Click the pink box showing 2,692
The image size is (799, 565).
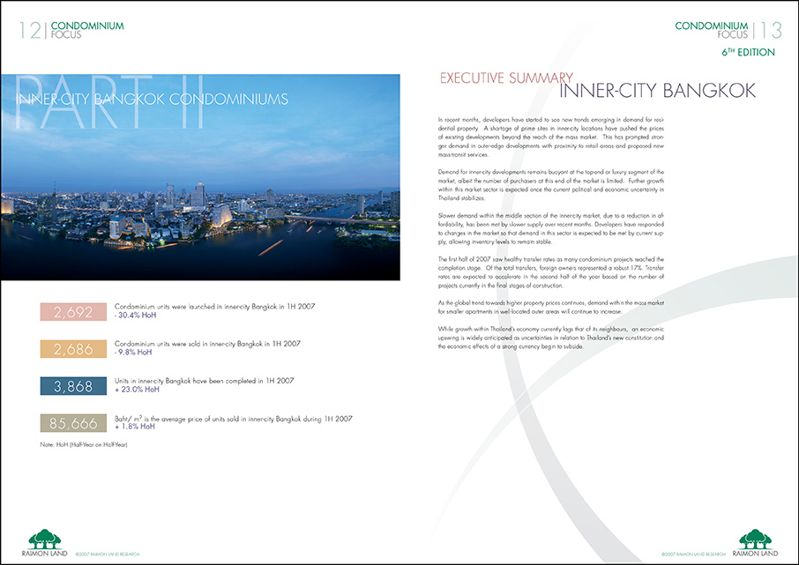[73, 311]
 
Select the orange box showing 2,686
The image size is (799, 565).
[73, 349]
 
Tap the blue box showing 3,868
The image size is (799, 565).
[73, 386]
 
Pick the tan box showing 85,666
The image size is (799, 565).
[73, 424]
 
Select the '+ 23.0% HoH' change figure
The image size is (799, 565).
[138, 390]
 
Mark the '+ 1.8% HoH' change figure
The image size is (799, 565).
[136, 427]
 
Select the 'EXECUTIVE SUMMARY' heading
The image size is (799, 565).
[506, 78]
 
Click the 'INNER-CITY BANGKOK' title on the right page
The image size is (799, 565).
[658, 92]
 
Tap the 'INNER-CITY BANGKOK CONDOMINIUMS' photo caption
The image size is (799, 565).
[152, 97]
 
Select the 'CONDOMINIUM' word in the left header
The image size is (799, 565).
[87, 26]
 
